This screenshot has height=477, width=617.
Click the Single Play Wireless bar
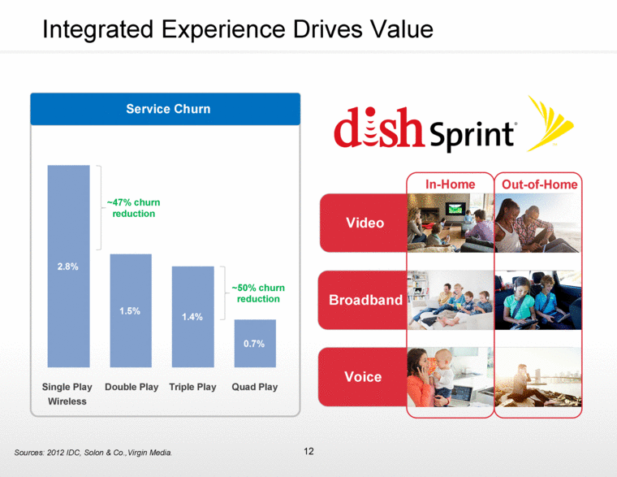[x=68, y=266]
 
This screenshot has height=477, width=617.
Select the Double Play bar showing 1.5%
[x=131, y=310]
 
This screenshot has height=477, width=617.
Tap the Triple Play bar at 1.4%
[x=193, y=317]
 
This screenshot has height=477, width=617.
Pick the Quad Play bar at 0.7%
[x=255, y=343]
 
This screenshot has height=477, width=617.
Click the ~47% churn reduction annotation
[x=133, y=208]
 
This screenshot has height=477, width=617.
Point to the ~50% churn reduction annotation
[x=258, y=293]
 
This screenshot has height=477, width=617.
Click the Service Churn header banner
[x=166, y=109]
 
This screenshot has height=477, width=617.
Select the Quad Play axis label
[x=255, y=387]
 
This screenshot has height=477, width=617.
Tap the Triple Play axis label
[x=193, y=387]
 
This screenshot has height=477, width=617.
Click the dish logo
[x=379, y=128]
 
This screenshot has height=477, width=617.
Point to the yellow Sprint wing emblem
[x=550, y=123]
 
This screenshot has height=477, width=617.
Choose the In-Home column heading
[x=450, y=184]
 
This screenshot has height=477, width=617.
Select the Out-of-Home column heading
[x=540, y=184]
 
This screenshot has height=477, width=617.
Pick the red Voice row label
[x=363, y=377]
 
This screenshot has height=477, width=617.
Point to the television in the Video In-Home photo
[x=455, y=209]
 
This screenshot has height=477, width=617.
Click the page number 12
[x=308, y=451]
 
